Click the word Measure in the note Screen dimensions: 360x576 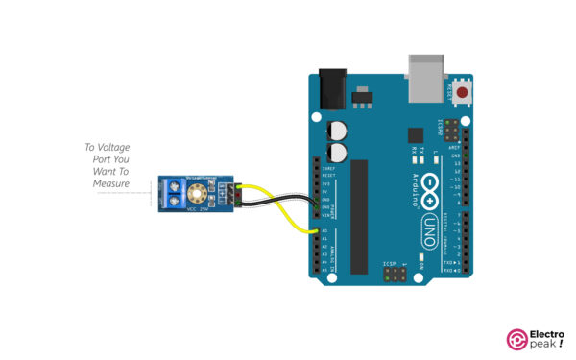[112, 182]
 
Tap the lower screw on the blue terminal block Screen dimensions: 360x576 [176, 202]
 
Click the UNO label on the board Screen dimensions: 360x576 [430, 229]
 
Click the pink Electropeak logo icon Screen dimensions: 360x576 [515, 338]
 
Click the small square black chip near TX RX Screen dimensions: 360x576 [415, 135]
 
